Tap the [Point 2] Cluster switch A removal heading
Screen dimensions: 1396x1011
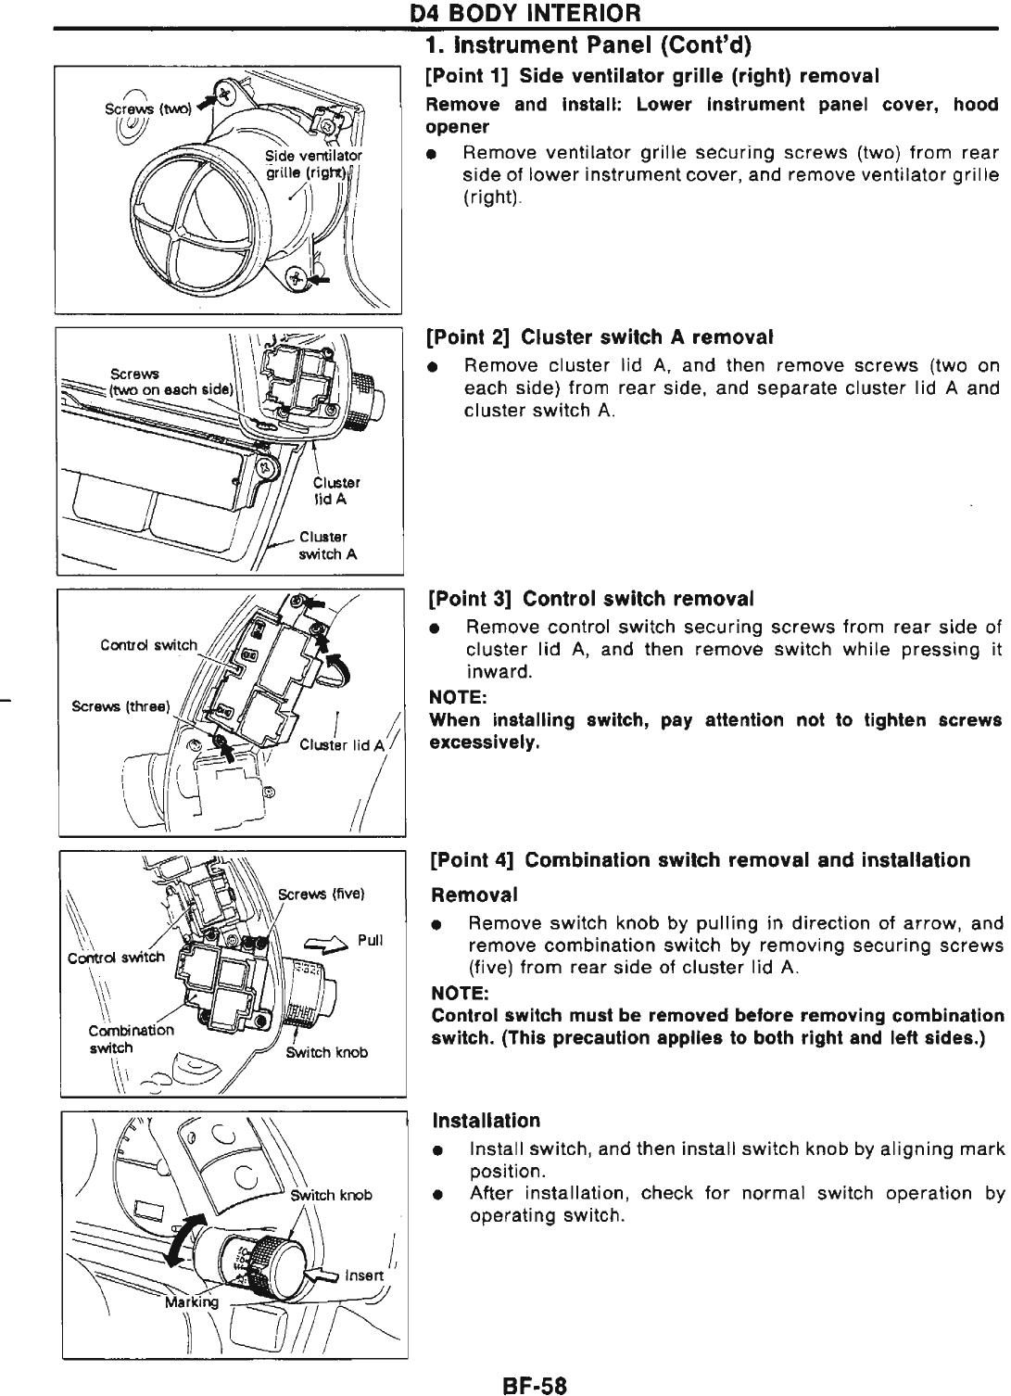[600, 335]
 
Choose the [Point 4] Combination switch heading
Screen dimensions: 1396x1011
[701, 860]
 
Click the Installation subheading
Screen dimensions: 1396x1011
[487, 1121]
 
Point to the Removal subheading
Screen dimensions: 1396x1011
[474, 895]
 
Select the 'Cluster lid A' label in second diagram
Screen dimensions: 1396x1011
[335, 489]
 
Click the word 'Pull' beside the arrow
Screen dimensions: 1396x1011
[370, 940]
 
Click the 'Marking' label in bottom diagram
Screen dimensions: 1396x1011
[192, 1302]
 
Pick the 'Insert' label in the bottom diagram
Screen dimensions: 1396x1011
[363, 1275]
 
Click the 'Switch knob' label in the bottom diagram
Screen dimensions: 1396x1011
[331, 1195]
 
